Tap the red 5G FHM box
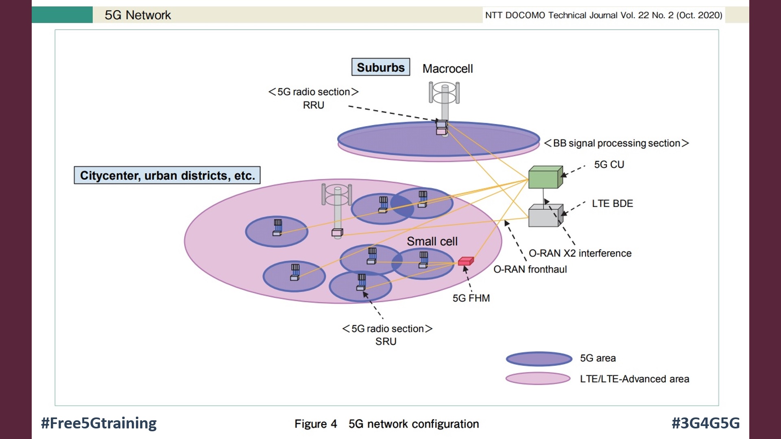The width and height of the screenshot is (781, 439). pos(466,261)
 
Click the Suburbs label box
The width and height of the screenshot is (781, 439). pos(380,67)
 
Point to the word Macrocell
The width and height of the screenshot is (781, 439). pos(447,69)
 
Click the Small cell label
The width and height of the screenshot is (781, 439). pos(432,241)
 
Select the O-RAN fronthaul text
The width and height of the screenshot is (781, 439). pos(530,269)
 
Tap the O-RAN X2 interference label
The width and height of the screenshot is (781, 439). pos(580,253)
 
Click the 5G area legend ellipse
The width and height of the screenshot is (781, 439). pos(539,359)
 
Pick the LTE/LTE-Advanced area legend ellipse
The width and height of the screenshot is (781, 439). pos(538,378)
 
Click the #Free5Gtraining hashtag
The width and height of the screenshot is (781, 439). pos(99,423)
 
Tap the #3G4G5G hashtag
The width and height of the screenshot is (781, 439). pos(705,423)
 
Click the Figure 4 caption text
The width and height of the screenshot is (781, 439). pos(386,424)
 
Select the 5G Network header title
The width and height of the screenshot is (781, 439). pos(137,15)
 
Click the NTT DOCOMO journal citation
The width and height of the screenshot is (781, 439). pos(603,15)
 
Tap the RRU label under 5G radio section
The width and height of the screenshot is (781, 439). pos(313,105)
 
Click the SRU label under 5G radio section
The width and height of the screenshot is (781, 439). pos(386,341)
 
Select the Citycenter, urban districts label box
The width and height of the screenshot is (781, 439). pos(167,175)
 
